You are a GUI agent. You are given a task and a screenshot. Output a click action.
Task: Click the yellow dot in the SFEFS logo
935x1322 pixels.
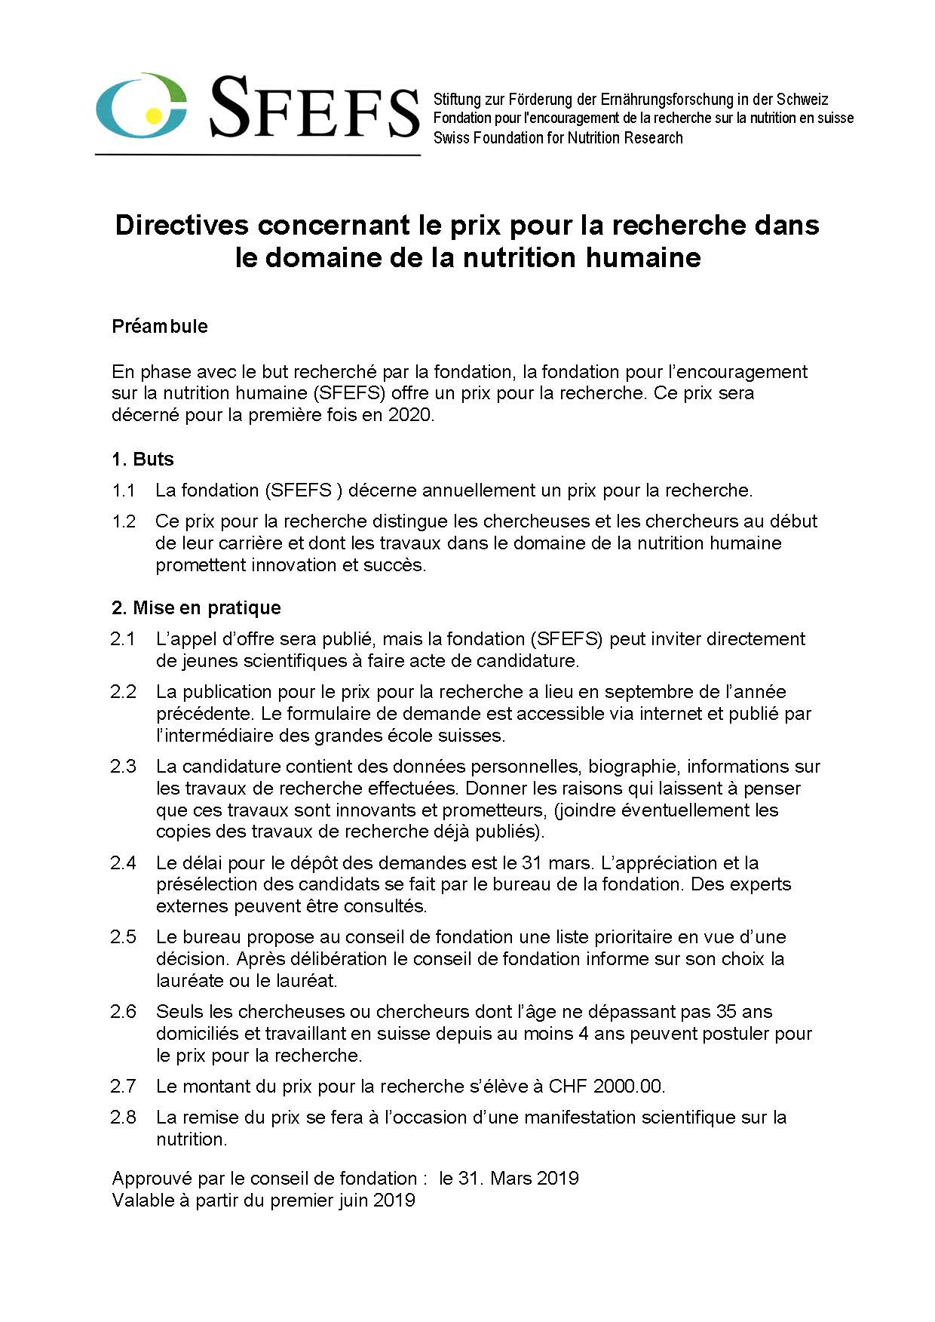pos(153,115)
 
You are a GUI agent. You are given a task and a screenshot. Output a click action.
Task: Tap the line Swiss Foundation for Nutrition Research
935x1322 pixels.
pos(558,138)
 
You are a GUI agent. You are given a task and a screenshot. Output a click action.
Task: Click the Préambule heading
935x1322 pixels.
pos(160,326)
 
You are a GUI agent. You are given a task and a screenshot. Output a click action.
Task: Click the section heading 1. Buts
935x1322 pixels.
pos(143,460)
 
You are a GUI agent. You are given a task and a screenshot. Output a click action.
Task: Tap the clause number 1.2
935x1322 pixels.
pos(124,521)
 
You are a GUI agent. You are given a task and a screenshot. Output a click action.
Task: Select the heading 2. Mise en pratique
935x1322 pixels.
pos(196,608)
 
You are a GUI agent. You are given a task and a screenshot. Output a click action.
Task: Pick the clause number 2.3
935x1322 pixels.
pos(123,767)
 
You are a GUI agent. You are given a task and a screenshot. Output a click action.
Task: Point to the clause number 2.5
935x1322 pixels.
pos(123,937)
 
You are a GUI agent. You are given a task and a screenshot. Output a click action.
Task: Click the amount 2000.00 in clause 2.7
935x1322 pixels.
pos(628,1087)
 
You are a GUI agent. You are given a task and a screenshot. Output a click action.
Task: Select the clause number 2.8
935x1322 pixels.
pos(123,1118)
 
